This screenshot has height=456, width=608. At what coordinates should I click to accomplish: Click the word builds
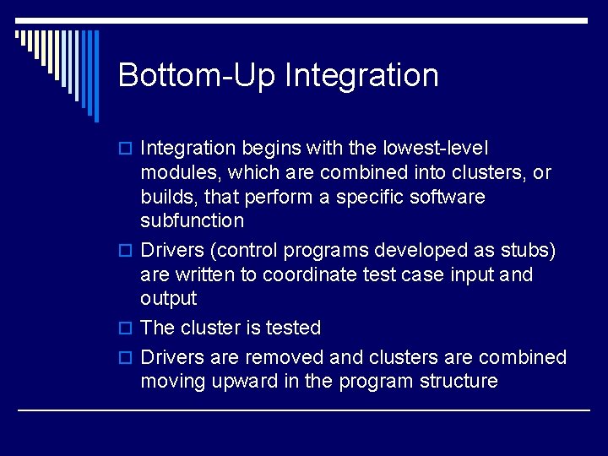(x=168, y=197)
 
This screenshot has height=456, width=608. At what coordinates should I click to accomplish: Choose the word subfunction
(x=193, y=220)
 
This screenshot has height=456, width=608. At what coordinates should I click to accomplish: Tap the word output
(x=169, y=299)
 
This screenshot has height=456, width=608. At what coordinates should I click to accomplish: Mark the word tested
(x=291, y=328)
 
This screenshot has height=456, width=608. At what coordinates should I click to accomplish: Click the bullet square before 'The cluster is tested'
(x=128, y=328)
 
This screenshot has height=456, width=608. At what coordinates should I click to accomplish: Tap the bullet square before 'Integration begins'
(x=128, y=149)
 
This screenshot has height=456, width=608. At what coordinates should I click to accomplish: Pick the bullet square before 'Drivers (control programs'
(x=128, y=252)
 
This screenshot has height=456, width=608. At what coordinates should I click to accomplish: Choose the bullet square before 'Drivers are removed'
(x=128, y=358)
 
